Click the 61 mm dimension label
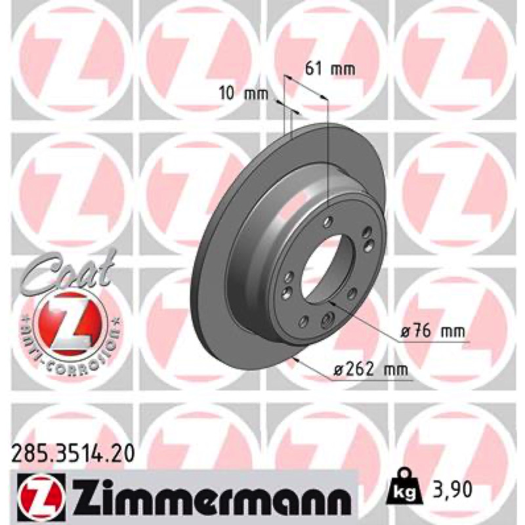tap(330, 69)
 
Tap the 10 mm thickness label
tap(243, 93)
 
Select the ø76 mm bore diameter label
tap(433, 331)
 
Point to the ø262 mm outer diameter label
tap(371, 369)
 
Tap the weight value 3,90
tap(450, 489)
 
